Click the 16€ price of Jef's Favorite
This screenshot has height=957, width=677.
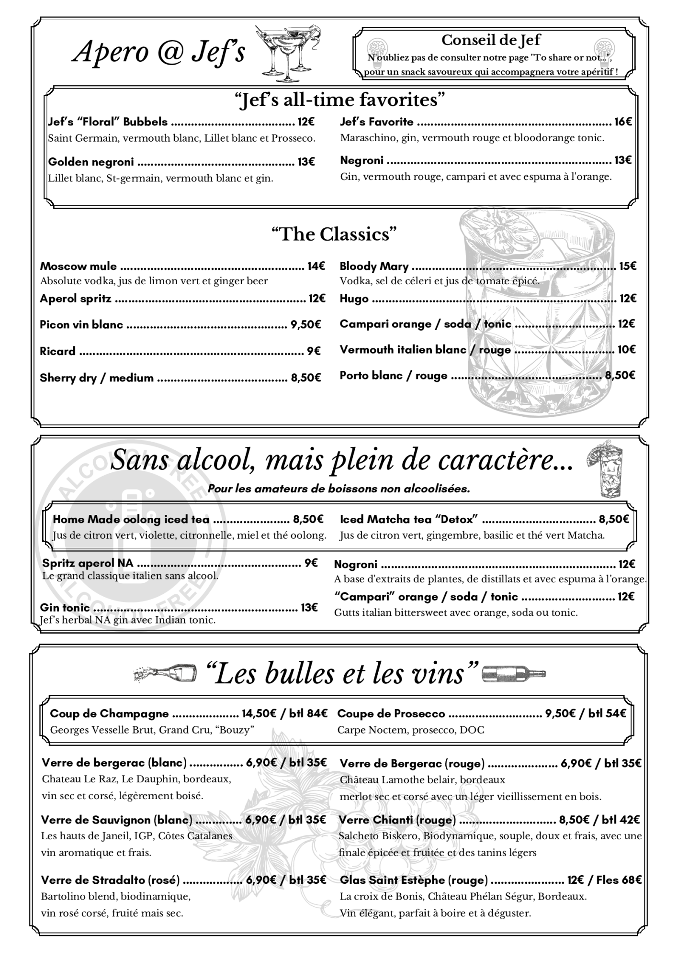(x=623, y=122)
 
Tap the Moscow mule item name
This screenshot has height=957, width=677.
(x=78, y=266)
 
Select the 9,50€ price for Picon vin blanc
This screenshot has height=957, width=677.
(x=305, y=325)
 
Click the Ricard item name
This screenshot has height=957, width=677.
(x=57, y=351)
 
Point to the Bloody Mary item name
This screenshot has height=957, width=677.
(x=374, y=266)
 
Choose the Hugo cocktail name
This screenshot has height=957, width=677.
(x=354, y=299)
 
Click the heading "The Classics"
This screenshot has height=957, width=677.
(x=334, y=234)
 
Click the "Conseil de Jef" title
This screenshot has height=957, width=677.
(x=491, y=40)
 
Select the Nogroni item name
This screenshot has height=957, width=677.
(x=355, y=565)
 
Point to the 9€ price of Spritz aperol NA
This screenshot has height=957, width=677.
(x=311, y=563)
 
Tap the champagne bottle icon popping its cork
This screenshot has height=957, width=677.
(x=165, y=674)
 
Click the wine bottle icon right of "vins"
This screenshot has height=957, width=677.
(x=513, y=673)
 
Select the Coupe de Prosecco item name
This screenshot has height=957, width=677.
(x=391, y=713)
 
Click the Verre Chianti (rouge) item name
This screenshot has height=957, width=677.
(x=397, y=820)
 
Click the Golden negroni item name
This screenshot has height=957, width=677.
(x=91, y=162)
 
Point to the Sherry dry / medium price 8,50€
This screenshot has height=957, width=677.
(x=305, y=378)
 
